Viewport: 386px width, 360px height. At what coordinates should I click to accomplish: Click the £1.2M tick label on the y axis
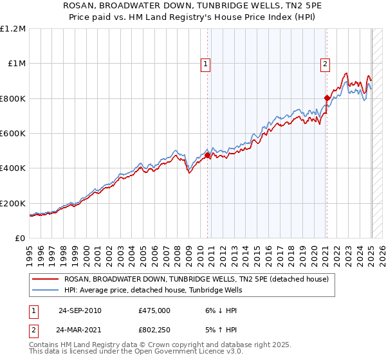click(13, 29)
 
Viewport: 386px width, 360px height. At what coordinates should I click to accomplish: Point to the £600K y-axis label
click(13, 134)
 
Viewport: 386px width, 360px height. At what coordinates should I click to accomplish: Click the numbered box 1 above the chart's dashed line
click(205, 63)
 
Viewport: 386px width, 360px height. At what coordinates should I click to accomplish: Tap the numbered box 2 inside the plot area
click(326, 63)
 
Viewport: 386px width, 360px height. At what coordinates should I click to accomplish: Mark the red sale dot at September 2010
click(208, 156)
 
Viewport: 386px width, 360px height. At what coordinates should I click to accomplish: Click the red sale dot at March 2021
click(327, 98)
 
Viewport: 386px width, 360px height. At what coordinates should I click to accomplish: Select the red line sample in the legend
click(46, 279)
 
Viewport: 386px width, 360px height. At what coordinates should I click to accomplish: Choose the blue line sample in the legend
click(46, 290)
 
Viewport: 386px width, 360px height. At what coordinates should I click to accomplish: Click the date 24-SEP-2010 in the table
click(80, 310)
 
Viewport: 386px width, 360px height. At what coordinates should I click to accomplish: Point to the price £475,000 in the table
click(154, 310)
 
